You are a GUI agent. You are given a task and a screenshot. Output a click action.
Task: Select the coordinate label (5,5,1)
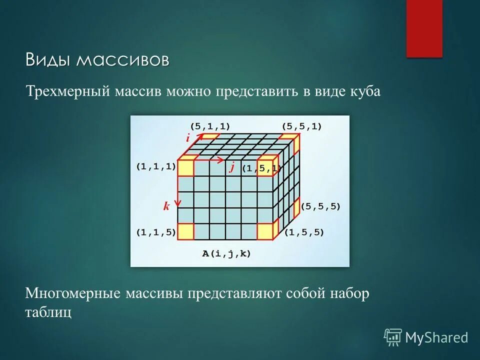302,126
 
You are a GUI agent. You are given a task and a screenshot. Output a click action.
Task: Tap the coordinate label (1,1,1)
156,167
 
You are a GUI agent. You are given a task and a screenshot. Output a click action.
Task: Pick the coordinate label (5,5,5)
320,206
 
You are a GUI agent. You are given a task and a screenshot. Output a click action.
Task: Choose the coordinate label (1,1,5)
156,232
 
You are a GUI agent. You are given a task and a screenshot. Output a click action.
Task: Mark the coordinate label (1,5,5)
304,232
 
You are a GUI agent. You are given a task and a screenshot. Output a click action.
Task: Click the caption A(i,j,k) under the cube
226,253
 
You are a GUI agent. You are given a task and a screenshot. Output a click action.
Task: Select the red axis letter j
232,167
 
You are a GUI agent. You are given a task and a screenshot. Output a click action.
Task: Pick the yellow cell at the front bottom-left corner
186,231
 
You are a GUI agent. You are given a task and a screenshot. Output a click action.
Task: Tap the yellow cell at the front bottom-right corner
265,231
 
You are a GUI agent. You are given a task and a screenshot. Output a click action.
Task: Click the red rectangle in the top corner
424,28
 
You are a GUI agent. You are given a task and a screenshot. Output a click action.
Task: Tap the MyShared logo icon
392,337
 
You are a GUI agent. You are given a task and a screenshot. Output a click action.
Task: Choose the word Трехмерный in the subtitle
68,92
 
